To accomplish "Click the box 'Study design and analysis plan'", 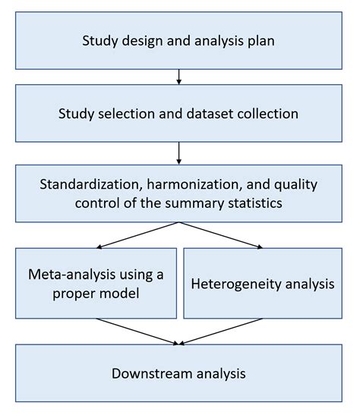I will (178, 39).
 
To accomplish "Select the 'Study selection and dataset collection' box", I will (178, 115).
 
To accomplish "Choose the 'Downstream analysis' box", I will (178, 373).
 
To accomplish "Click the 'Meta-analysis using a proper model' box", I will (96, 283).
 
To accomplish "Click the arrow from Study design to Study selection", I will (178, 77).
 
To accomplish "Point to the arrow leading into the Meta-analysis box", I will (137, 235).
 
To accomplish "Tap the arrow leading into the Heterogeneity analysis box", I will (220, 235).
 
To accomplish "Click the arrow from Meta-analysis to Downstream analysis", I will (137, 331).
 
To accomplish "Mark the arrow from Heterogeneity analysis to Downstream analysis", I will (220, 331).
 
